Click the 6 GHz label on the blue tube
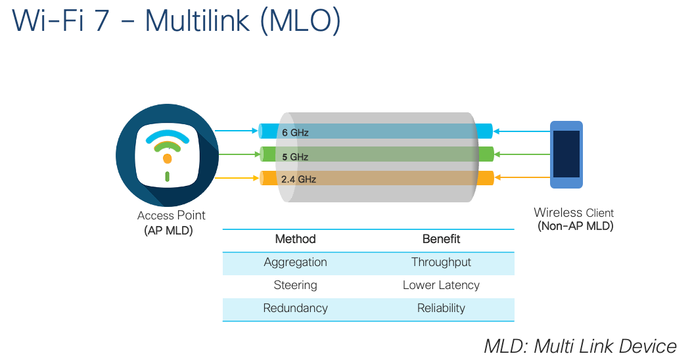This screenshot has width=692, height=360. pyautogui.click(x=295, y=133)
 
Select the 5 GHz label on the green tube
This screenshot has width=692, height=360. pyautogui.click(x=295, y=157)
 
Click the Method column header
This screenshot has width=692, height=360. pyautogui.click(x=295, y=239)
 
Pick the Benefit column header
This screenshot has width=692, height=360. pyautogui.click(x=441, y=239)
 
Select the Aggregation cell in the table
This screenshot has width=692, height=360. pyautogui.click(x=295, y=262)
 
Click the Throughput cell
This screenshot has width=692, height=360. pyautogui.click(x=441, y=262)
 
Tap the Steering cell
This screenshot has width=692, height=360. pyautogui.click(x=295, y=285)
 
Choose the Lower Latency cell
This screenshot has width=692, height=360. pyautogui.click(x=441, y=285)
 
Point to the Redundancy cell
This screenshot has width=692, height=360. pyautogui.click(x=295, y=308)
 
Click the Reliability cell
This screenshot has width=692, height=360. pyautogui.click(x=441, y=308)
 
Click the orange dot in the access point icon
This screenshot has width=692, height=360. pyautogui.click(x=167, y=158)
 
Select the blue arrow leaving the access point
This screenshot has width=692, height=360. pyautogui.click(x=236, y=131)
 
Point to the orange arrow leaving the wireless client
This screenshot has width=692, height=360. pyautogui.click(x=522, y=177)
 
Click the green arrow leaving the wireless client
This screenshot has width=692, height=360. pyautogui.click(x=522, y=154)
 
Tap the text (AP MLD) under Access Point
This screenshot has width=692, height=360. pyautogui.click(x=168, y=231)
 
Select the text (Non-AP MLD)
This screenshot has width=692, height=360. pyautogui.click(x=575, y=227)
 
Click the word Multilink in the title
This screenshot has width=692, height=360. pyautogui.click(x=197, y=20)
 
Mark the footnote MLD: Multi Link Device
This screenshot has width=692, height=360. pyautogui.click(x=580, y=346)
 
